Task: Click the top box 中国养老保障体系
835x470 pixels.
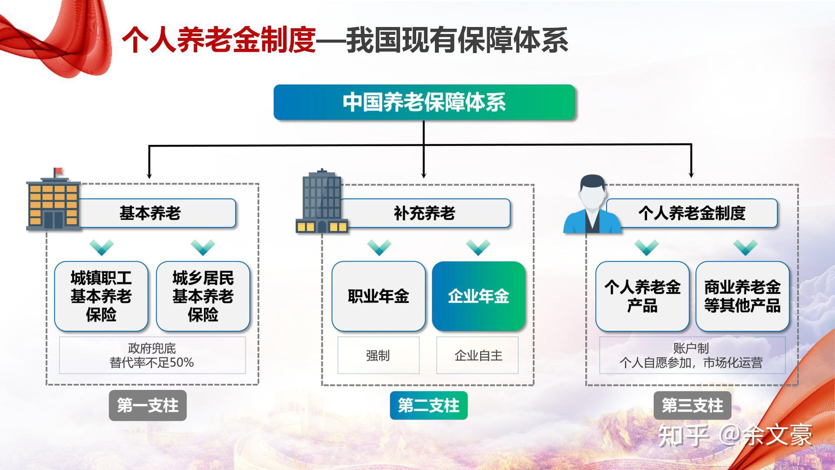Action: click(x=424, y=102)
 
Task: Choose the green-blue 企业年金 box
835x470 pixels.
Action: click(x=478, y=296)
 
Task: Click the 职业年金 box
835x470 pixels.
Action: click(x=378, y=296)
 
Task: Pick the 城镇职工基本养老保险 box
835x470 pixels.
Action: click(x=101, y=296)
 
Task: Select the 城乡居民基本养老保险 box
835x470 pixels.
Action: click(x=203, y=296)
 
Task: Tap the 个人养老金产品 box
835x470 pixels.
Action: click(x=642, y=296)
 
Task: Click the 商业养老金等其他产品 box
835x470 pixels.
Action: click(x=742, y=296)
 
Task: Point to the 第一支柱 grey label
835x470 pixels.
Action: click(x=148, y=406)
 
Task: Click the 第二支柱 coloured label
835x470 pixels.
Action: click(x=428, y=406)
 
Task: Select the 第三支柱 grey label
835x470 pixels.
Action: click(x=692, y=406)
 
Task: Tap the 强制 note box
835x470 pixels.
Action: click(x=378, y=355)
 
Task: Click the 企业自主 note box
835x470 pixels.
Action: click(x=478, y=355)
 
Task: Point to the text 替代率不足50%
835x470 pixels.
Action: click(x=152, y=363)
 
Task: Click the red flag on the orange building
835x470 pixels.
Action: click(x=58, y=171)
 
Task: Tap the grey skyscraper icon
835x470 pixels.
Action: click(x=322, y=201)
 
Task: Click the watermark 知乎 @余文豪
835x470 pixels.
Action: click(x=735, y=435)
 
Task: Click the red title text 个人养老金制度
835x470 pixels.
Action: click(x=219, y=40)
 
